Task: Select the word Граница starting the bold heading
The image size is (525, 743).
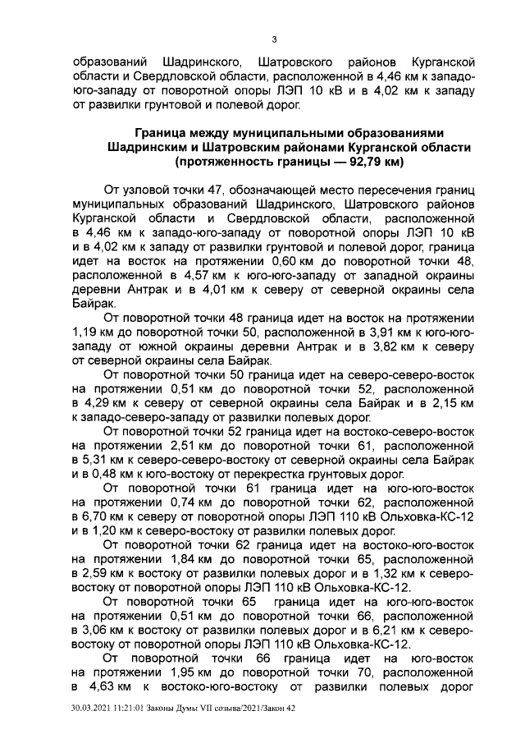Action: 164,132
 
